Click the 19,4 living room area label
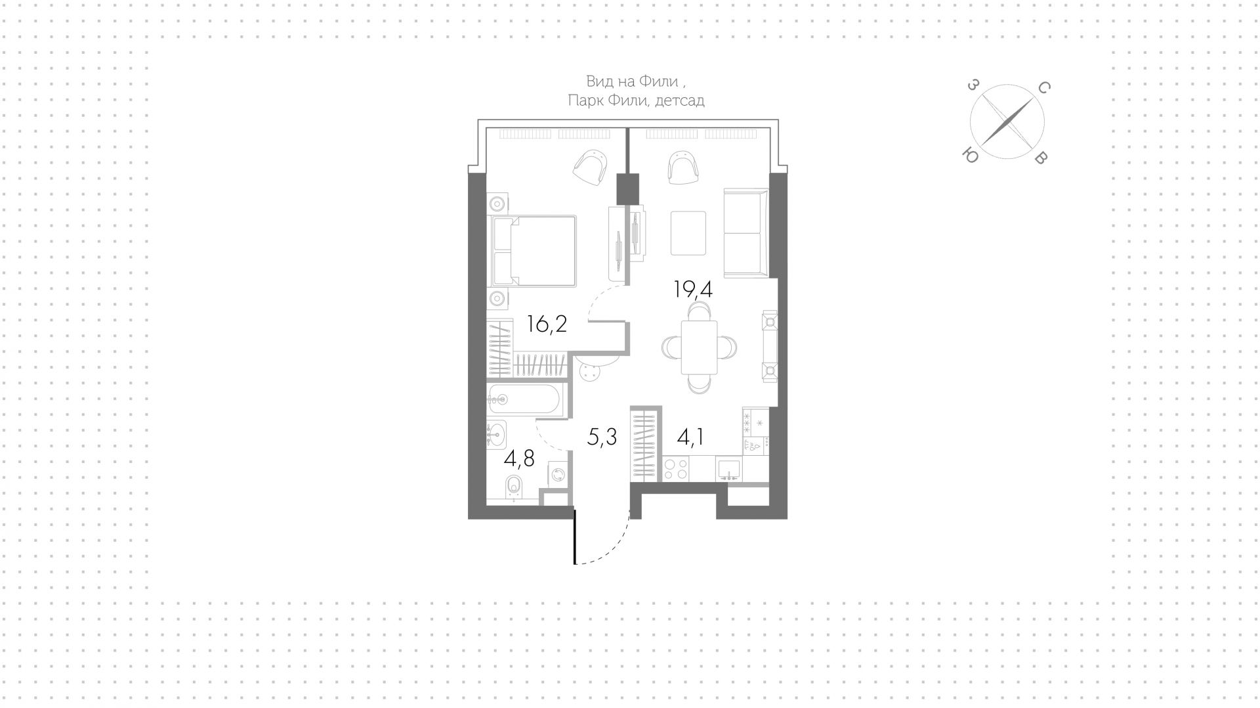click(x=693, y=289)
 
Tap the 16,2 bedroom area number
click(x=547, y=324)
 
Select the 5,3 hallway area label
click(x=602, y=436)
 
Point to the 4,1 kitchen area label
click(x=690, y=436)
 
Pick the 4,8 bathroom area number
click(x=518, y=459)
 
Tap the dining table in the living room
click(x=699, y=347)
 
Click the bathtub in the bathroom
click(x=524, y=399)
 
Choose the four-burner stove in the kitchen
click(x=676, y=470)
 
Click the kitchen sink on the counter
click(x=728, y=469)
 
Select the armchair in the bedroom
click(x=589, y=167)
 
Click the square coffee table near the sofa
click(x=688, y=232)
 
